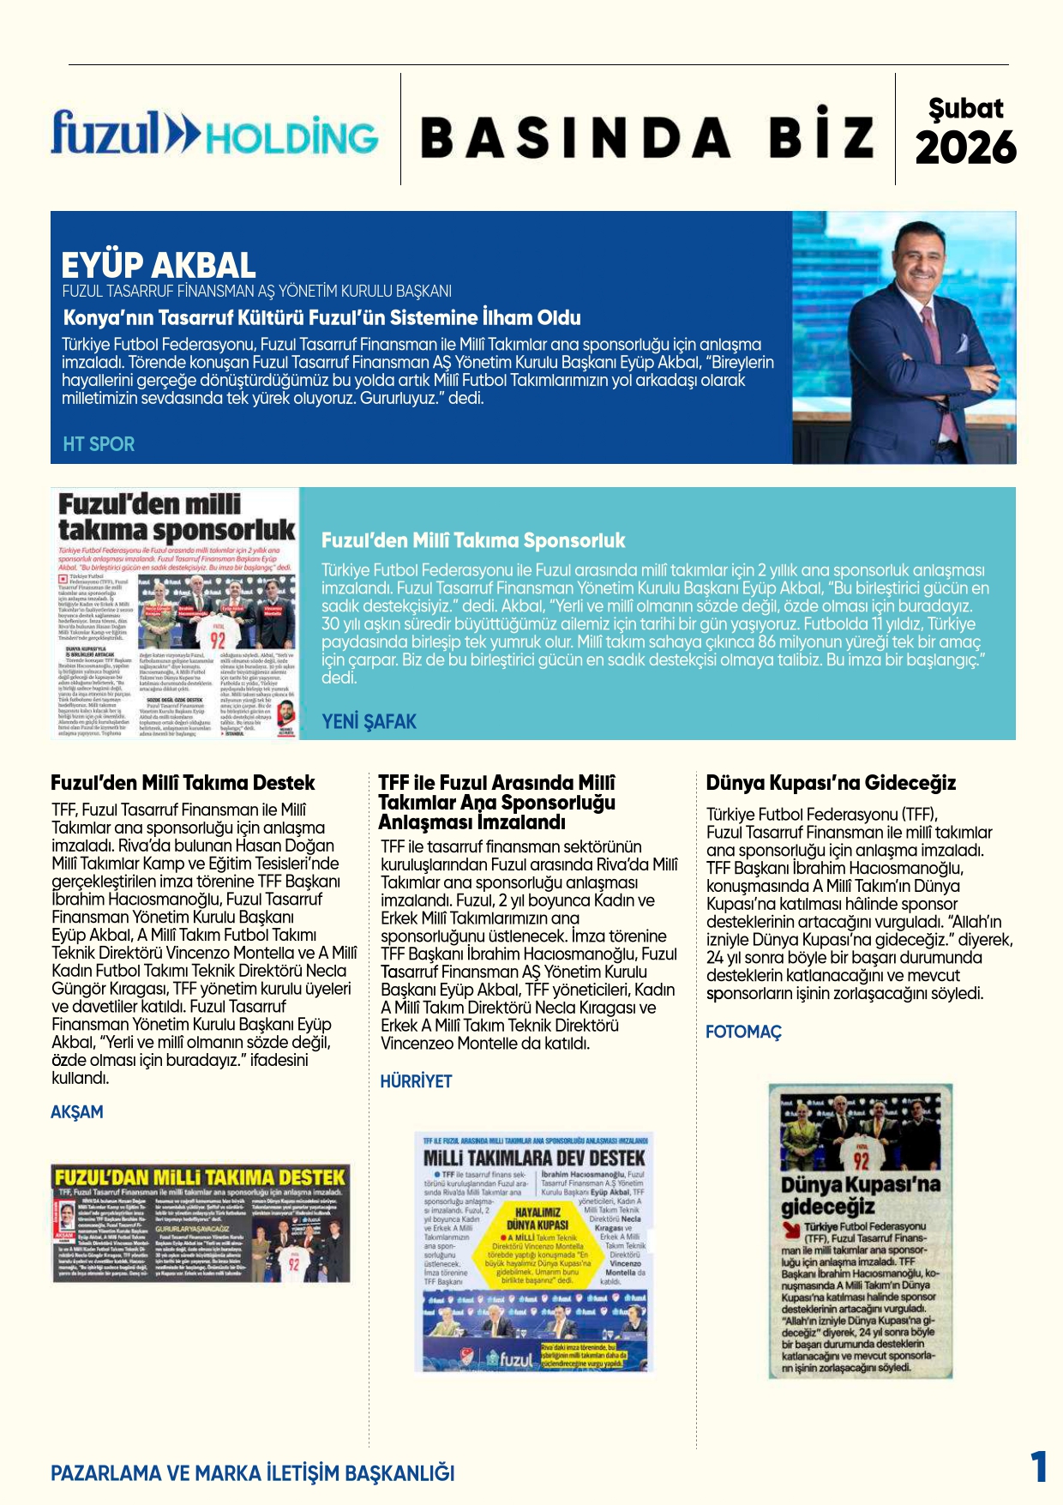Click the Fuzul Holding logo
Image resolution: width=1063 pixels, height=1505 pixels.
click(x=214, y=135)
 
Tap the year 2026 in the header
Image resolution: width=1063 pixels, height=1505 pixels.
click(x=965, y=147)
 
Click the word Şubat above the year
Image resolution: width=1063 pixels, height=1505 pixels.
click(x=965, y=108)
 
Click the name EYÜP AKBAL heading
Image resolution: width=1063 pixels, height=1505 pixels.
click(x=159, y=265)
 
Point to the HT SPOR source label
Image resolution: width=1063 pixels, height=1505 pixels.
click(x=99, y=444)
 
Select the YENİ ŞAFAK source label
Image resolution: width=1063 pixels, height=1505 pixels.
click(x=369, y=721)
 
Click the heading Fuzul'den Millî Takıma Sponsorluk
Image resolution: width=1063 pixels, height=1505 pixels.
click(x=473, y=540)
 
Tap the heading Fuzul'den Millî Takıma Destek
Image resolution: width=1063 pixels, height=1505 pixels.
click(x=183, y=783)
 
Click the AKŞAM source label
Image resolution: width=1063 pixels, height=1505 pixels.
click(x=77, y=1112)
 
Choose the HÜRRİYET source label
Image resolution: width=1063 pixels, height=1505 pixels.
click(x=416, y=1081)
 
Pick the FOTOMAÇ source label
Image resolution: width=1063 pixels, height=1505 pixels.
click(x=743, y=1032)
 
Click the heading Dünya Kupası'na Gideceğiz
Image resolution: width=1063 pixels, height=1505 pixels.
click(x=831, y=783)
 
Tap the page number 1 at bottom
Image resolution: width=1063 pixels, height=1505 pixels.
click(x=1038, y=1466)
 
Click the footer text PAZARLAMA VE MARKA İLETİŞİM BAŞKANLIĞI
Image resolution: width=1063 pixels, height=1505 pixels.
click(x=253, y=1473)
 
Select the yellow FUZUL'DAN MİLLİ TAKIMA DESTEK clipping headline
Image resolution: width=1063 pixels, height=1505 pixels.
click(x=200, y=1177)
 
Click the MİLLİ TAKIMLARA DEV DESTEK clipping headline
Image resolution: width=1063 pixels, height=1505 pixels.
click(x=533, y=1158)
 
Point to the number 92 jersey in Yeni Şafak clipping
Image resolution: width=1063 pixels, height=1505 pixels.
click(x=218, y=640)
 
